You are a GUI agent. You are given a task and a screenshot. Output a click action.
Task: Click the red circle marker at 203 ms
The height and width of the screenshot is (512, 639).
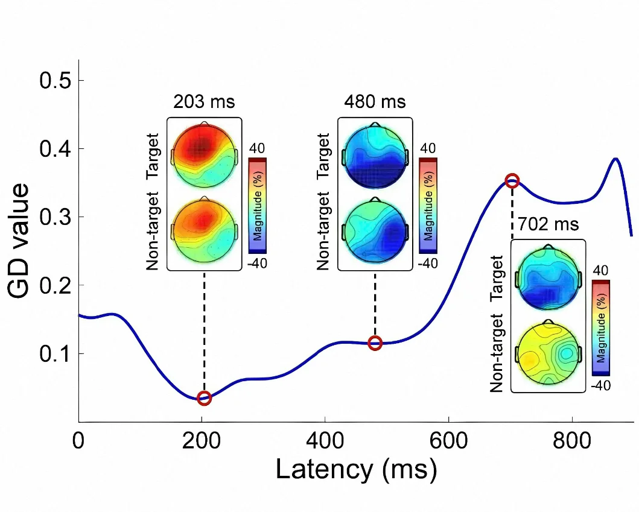pyautogui.click(x=204, y=397)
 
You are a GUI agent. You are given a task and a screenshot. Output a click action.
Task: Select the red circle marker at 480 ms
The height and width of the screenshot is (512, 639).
pyautogui.click(x=375, y=343)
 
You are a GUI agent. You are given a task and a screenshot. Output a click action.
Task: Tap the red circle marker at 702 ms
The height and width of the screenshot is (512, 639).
pyautogui.click(x=512, y=180)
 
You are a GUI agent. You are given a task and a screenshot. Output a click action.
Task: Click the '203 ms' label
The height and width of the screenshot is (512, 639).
pyautogui.click(x=204, y=101)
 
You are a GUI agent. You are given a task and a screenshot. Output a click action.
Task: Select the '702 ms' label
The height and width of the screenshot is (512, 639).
pyautogui.click(x=548, y=224)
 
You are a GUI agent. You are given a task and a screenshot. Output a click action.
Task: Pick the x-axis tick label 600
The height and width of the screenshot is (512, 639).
pyautogui.click(x=448, y=441)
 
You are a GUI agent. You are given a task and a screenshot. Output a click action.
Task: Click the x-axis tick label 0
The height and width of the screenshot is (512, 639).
pyautogui.click(x=78, y=441)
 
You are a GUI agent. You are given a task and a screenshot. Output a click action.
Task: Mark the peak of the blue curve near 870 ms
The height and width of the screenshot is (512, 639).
pyautogui.click(x=615, y=159)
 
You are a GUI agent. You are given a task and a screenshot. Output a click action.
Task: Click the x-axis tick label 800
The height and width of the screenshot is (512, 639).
pyautogui.click(x=571, y=441)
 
